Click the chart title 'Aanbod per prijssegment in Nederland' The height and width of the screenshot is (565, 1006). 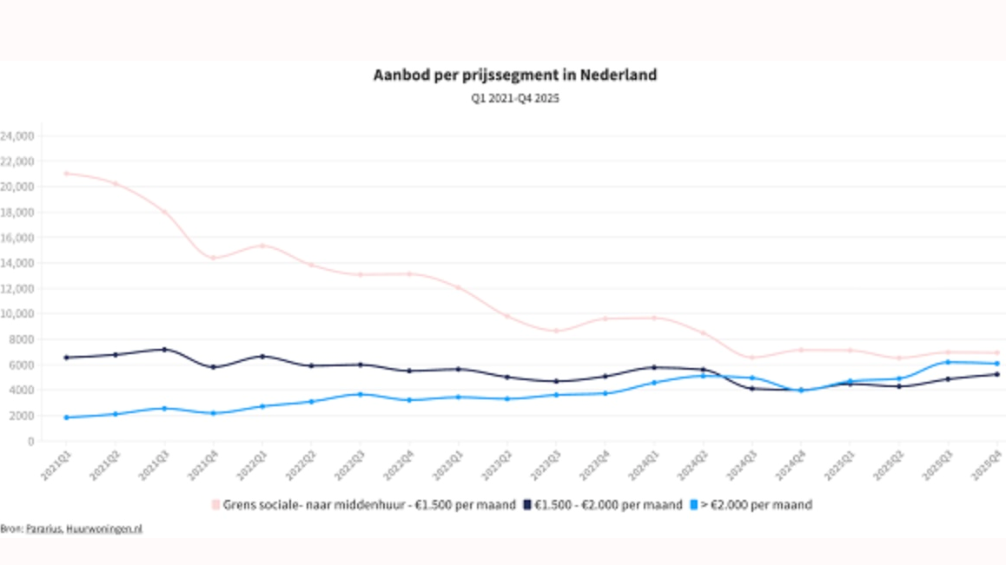point(515,76)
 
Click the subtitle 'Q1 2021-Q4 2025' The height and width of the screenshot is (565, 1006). point(515,99)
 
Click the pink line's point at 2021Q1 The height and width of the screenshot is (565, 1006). point(66,174)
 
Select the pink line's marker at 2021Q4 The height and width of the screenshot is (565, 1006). point(213,258)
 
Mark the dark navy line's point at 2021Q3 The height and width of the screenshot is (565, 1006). point(164,350)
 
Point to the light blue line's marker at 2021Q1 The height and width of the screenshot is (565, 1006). point(66,417)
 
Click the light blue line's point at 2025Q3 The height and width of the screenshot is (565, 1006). point(948,362)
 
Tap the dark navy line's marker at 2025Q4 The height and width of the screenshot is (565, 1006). point(996,374)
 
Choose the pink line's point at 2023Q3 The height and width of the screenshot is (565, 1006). point(556,331)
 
